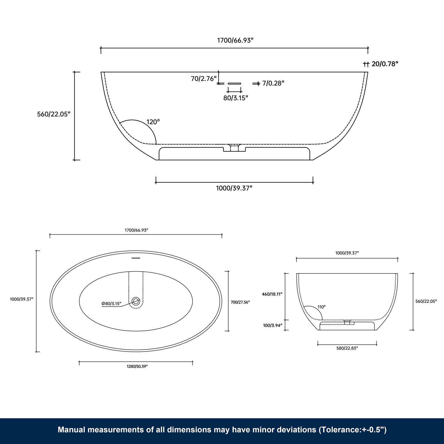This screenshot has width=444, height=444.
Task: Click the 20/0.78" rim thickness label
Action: (x=385, y=64)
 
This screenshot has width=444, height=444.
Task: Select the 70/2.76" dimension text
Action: (x=204, y=79)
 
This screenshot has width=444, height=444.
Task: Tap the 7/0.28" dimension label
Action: (x=273, y=83)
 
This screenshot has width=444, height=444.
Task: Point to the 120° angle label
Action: (x=153, y=122)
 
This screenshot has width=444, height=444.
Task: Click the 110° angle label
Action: (x=322, y=307)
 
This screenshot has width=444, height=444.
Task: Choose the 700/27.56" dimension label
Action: (x=240, y=302)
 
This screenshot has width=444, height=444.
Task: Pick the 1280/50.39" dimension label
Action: (x=136, y=366)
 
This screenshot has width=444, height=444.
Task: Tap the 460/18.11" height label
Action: (x=272, y=294)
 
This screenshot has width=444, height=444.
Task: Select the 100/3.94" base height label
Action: (x=273, y=325)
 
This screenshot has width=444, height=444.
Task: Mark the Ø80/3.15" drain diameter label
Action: (x=111, y=304)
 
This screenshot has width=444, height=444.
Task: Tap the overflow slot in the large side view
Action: (x=234, y=83)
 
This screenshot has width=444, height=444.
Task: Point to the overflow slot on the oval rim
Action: (x=136, y=258)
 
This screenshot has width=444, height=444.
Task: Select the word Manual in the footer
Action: (x=71, y=430)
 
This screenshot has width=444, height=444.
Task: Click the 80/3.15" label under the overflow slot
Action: (x=236, y=98)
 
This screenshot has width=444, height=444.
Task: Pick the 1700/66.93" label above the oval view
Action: (x=136, y=230)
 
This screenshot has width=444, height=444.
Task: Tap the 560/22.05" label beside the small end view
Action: (x=426, y=301)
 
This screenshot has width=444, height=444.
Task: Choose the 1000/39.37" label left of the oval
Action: (x=22, y=299)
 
